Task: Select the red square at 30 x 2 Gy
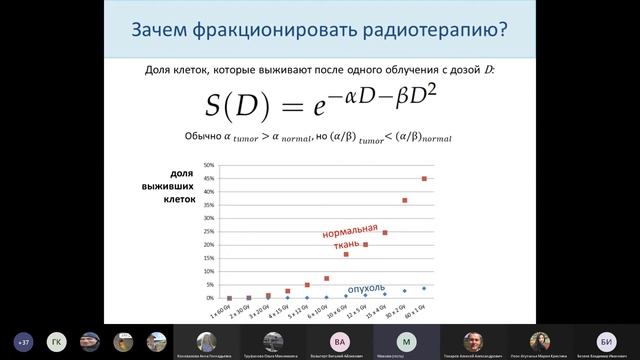[x=405, y=200]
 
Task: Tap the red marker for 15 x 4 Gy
[x=385, y=233]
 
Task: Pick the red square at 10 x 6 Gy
[x=346, y=254]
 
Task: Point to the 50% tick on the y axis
[x=208, y=166]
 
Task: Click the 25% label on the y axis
[x=208, y=232]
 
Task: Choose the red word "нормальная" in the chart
[x=350, y=232]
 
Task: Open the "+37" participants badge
[x=21, y=340]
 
